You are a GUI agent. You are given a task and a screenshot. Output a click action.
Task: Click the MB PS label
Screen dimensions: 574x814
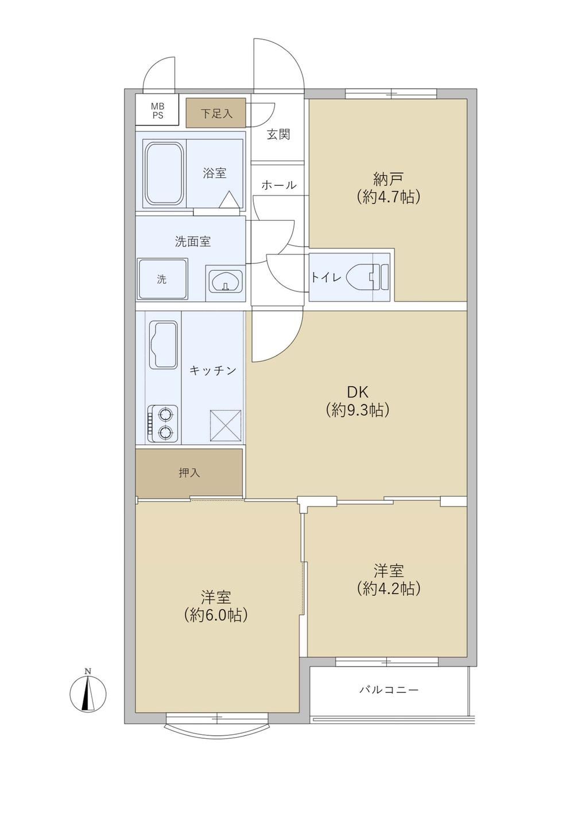[158, 111]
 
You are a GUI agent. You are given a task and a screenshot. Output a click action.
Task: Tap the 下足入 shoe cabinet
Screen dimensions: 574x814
[216, 112]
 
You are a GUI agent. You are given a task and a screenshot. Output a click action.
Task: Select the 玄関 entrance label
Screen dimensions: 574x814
[278, 135]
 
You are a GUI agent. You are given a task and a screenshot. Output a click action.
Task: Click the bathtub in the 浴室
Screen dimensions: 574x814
[164, 174]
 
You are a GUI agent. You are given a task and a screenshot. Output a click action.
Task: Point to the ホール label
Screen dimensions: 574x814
[279, 185]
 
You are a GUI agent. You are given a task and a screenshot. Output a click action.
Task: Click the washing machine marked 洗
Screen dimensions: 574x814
[162, 279]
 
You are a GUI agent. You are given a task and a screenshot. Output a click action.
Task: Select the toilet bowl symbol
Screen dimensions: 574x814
[367, 276]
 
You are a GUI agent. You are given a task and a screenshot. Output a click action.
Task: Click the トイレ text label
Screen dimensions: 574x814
[325, 277]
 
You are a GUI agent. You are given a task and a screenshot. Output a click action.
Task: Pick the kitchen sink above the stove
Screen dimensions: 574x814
[163, 345]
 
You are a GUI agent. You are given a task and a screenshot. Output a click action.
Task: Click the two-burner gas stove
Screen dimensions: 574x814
[163, 423]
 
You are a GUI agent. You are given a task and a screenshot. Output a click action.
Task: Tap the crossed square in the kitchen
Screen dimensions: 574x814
[226, 426]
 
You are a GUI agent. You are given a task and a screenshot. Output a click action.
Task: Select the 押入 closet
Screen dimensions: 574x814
[189, 473]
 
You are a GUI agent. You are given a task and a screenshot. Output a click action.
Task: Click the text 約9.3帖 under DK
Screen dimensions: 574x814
[358, 410]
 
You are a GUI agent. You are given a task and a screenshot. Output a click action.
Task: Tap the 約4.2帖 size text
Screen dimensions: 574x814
[389, 589]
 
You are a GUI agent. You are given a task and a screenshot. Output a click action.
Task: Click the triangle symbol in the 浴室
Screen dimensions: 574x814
[229, 200]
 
